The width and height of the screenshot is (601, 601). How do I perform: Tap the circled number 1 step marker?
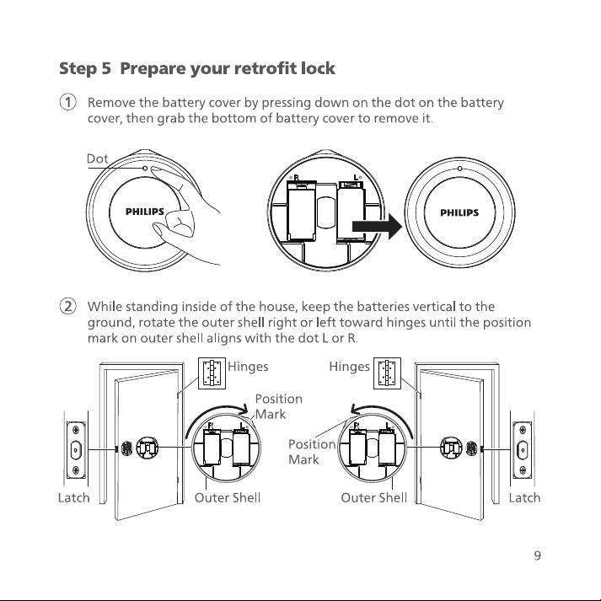click(67, 102)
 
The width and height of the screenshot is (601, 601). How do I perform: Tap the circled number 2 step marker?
click(67, 306)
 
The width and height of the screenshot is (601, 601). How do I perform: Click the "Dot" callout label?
click(97, 158)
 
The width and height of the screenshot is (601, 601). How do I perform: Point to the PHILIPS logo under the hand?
click(145, 212)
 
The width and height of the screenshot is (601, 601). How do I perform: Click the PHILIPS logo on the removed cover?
click(459, 212)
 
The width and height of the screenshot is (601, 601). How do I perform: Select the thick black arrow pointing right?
click(377, 227)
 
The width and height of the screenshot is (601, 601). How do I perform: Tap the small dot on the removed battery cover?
click(459, 169)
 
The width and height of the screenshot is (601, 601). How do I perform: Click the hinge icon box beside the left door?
click(212, 373)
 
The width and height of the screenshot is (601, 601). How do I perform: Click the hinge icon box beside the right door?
click(387, 373)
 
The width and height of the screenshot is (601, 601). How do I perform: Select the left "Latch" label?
click(74, 498)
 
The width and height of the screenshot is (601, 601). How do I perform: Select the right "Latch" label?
click(525, 498)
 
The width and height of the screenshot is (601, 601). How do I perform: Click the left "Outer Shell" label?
click(228, 498)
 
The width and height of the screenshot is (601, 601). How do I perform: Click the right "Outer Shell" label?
click(374, 498)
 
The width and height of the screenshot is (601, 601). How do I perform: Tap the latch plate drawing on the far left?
click(76, 450)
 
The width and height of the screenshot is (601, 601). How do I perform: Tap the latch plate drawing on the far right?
click(523, 450)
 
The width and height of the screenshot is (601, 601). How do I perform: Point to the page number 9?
click(538, 555)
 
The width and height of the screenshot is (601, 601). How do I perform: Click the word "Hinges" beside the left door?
click(248, 367)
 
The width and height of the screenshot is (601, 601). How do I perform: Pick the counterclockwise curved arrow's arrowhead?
click(357, 411)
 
